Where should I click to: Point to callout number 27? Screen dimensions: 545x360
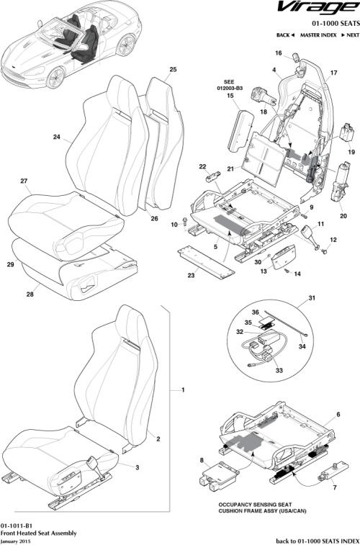[23, 181]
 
